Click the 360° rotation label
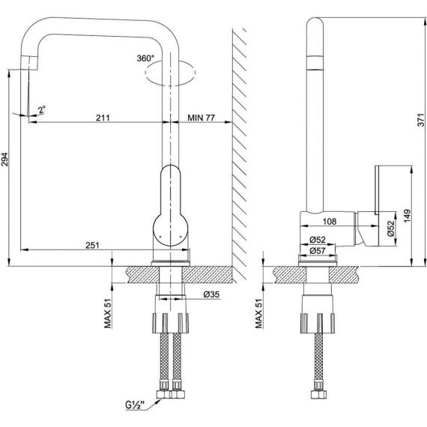pos(145,58)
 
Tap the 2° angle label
pos(42,109)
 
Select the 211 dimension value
pos(103,118)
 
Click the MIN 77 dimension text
pos(202,118)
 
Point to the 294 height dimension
pos(4,160)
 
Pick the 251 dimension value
pos(93,246)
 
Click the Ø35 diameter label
pos(211,294)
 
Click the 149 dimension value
pos(407,216)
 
